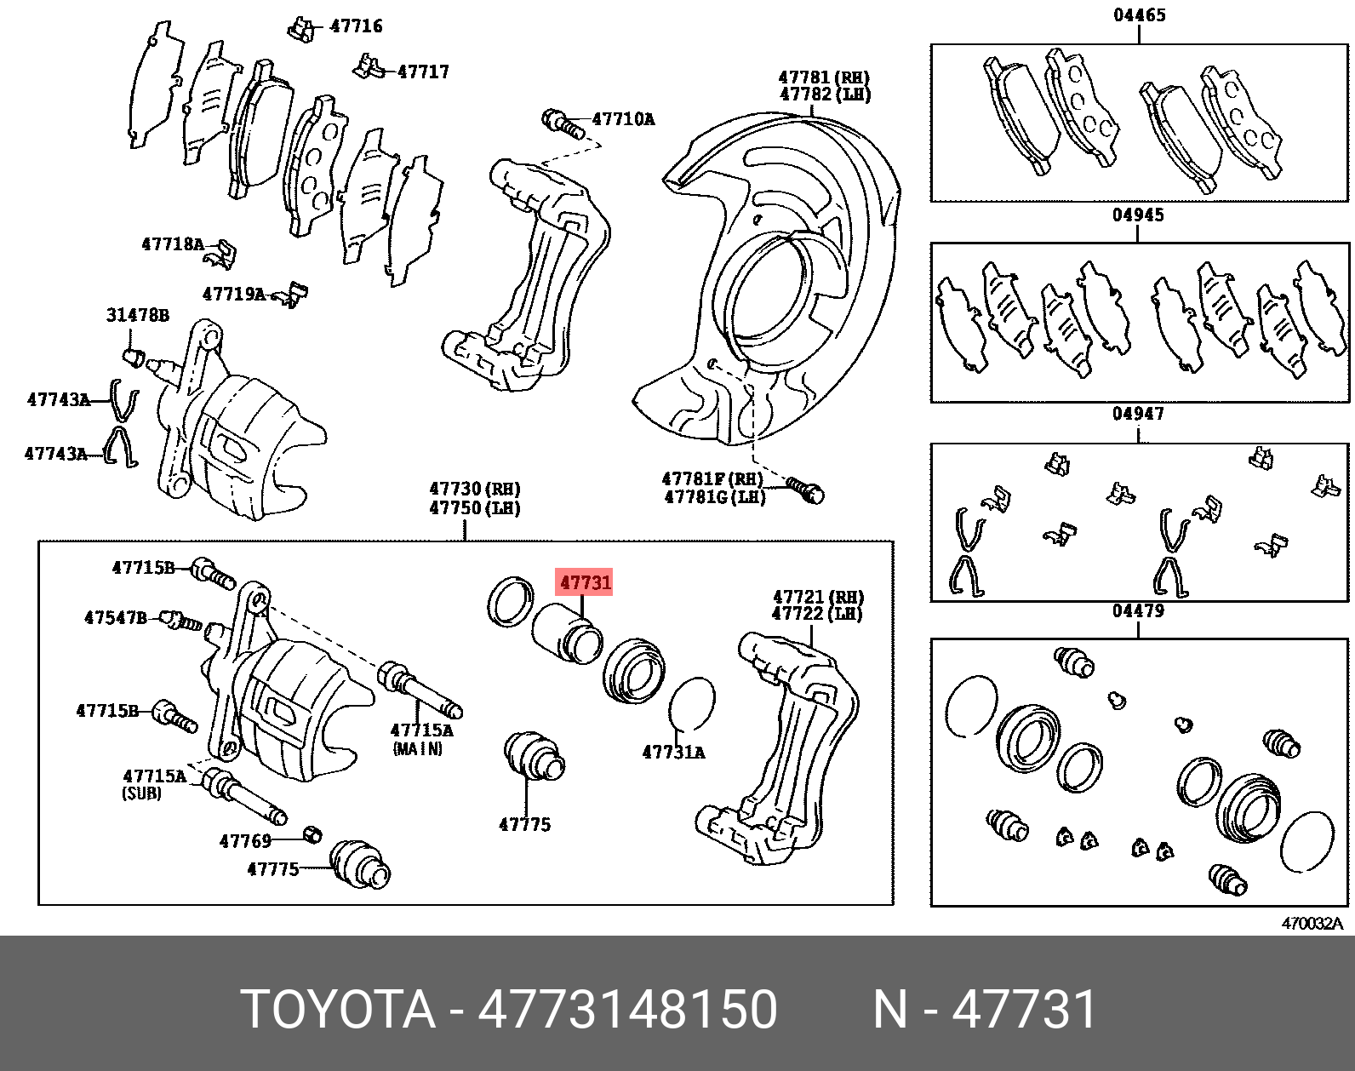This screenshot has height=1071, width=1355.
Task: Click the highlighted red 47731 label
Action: click(585, 583)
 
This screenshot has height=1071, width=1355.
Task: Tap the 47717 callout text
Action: click(423, 72)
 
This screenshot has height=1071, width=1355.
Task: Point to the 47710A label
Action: click(623, 119)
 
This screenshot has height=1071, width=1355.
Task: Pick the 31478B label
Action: click(137, 316)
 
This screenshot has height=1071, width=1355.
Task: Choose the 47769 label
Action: click(245, 841)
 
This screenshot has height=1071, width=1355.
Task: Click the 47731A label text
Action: click(673, 753)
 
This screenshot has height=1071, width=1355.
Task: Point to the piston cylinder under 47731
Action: click(565, 633)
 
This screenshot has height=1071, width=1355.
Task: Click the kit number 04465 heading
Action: click(1139, 15)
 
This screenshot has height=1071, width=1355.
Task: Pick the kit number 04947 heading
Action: click(1138, 415)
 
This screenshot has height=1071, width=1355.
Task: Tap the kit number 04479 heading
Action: click(1138, 612)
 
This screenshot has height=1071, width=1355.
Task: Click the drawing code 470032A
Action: click(1312, 924)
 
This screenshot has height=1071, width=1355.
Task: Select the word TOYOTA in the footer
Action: click(338, 1010)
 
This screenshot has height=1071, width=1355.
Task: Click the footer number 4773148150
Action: click(627, 1010)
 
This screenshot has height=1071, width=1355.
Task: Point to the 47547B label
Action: click(116, 617)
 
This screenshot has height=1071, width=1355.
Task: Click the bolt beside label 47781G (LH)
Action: click(805, 489)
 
